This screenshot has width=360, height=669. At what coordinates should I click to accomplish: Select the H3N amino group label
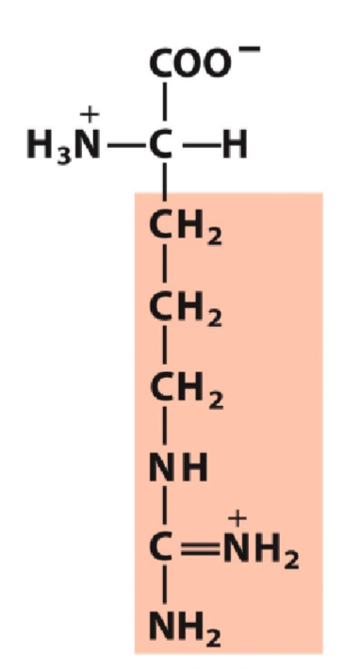(65, 148)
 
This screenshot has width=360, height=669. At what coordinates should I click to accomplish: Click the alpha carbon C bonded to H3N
(164, 148)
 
